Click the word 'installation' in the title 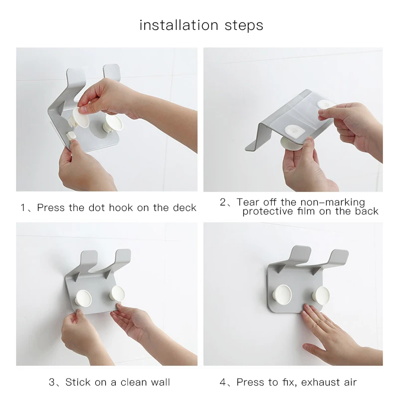click(179, 25)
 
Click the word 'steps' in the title click(244, 26)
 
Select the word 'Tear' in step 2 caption click(248, 202)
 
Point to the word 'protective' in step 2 click(268, 211)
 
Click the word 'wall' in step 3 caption click(160, 382)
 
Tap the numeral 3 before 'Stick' click(52, 382)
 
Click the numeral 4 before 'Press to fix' click(222, 382)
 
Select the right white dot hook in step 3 click(117, 293)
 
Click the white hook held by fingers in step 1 click(81, 117)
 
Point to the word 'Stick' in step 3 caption click(78, 382)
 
